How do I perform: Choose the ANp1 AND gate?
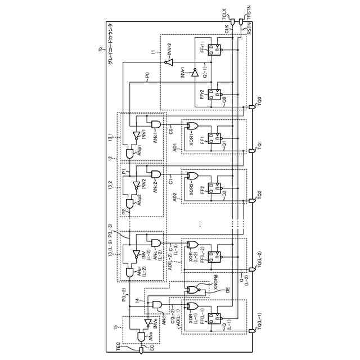(x=132, y=151)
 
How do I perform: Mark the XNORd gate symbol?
(x=193, y=290)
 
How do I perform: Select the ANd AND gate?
(x=156, y=305)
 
